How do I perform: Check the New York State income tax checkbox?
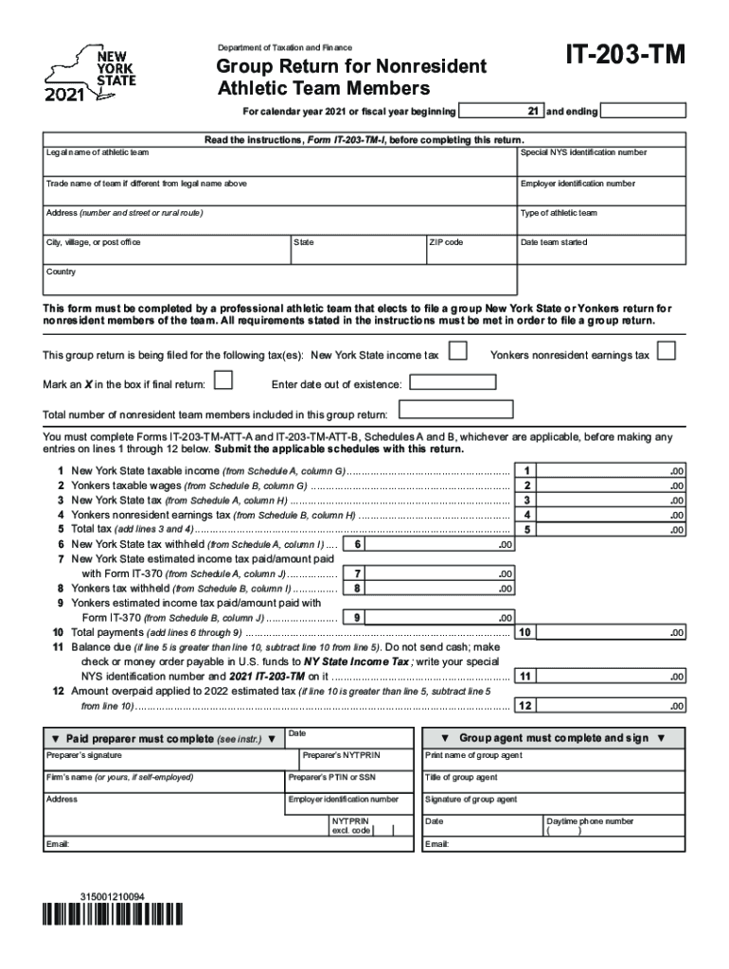tap(457, 353)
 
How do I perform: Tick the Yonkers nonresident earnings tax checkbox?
tap(667, 353)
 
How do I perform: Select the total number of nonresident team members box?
tap(456, 411)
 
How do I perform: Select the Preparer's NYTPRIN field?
tap(355, 762)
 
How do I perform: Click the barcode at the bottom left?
tap(114, 915)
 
